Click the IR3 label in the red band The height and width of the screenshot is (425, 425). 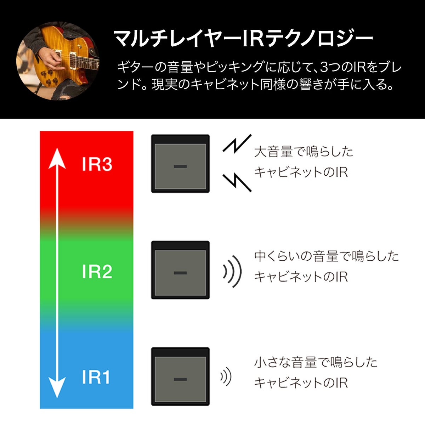click(97, 164)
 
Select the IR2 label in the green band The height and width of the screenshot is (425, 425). click(97, 272)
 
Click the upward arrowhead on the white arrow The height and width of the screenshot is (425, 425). click(57, 158)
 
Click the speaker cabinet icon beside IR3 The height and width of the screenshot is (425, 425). click(180, 164)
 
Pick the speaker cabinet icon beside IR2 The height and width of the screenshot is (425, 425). click(180, 270)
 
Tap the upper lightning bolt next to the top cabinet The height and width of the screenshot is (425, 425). click(237, 143)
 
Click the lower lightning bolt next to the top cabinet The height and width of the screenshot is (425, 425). click(237, 183)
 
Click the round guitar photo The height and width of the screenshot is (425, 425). click(58, 61)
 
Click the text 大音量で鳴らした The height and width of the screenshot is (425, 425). click(304, 152)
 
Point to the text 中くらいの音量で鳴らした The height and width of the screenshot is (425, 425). click(327, 256)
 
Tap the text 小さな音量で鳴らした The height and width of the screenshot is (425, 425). click(316, 362)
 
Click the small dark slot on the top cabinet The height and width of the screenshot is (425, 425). click(180, 166)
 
